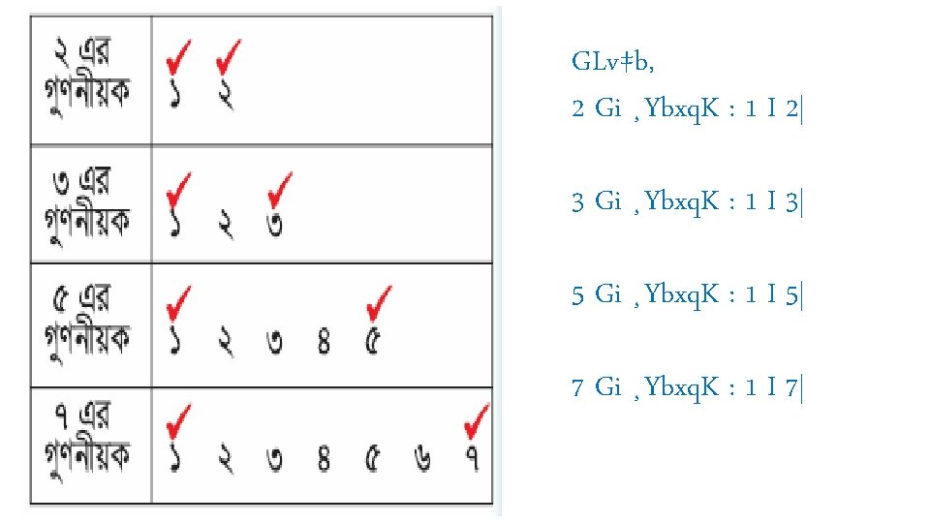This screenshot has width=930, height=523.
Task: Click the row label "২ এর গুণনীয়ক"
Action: pyautogui.click(x=89, y=79)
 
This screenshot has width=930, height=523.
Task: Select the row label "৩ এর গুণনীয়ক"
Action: pyautogui.click(x=89, y=204)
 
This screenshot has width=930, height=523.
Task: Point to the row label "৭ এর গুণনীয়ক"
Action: pyautogui.click(x=89, y=445)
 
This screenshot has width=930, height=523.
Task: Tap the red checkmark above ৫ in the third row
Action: pyautogui.click(x=380, y=301)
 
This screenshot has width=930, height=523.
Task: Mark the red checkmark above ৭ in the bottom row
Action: pyautogui.click(x=476, y=421)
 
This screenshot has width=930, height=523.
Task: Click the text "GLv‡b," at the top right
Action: pyautogui.click(x=612, y=64)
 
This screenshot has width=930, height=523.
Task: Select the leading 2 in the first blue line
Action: pyautogui.click(x=578, y=110)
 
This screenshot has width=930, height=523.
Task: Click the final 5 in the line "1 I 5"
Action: pyautogui.click(x=792, y=294)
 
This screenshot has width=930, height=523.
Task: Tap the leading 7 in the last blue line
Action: pyautogui.click(x=578, y=389)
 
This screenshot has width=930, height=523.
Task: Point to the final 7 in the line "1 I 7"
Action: pyautogui.click(x=792, y=389)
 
